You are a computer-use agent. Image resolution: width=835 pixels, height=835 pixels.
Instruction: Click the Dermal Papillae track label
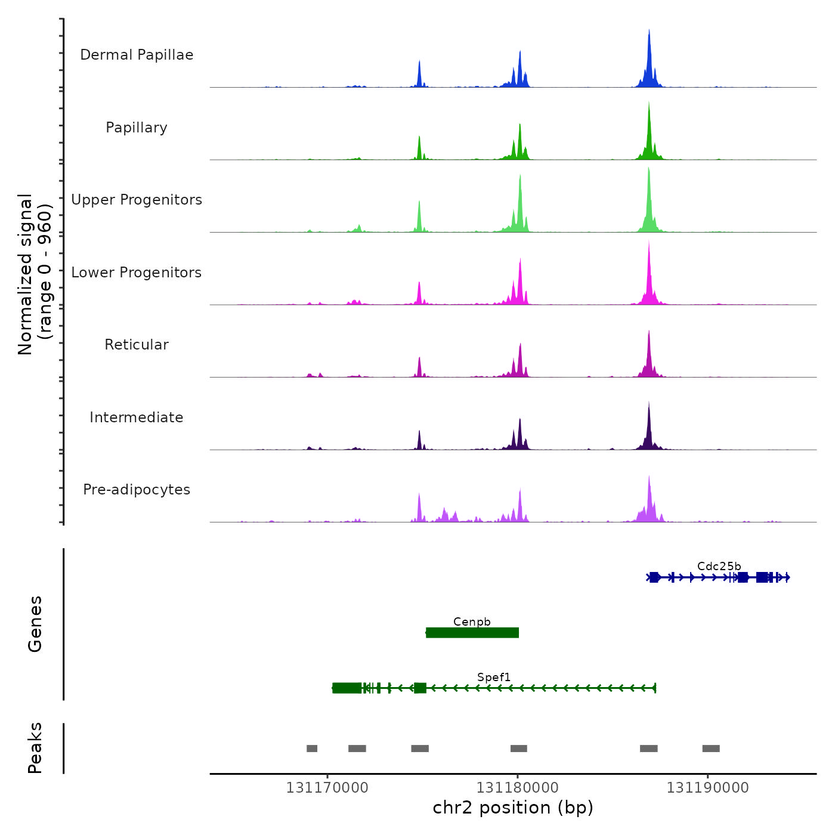coord(137,55)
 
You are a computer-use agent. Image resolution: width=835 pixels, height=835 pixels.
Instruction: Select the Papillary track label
coord(137,128)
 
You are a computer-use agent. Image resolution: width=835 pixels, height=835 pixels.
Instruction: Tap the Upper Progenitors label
coord(137,200)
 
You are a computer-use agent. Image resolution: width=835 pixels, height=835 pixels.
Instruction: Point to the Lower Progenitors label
coord(137,273)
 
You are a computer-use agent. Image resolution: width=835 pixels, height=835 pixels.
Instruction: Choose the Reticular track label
coord(137,345)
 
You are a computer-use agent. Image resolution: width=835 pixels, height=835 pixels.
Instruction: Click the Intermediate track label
coord(137,417)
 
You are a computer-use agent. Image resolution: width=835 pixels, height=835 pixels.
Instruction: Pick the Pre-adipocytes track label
coord(137,490)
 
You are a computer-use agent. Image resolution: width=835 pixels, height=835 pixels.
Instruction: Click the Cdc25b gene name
coord(719,566)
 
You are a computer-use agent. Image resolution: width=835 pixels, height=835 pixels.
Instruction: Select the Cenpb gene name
coord(472,621)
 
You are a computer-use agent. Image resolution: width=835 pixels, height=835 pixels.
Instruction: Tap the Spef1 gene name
coord(494,677)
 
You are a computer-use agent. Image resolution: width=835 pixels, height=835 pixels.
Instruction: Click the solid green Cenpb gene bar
coord(472,633)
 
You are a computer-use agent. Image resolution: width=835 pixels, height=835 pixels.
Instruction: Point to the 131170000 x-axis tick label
coord(327,788)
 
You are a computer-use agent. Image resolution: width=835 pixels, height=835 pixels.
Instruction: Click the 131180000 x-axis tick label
coord(518,788)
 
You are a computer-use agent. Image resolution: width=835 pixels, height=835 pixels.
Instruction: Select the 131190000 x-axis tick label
coord(707,788)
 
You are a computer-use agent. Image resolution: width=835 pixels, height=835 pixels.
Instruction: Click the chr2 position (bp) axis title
coord(513,808)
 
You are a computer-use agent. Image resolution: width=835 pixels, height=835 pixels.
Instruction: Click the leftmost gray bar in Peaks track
coord(312,749)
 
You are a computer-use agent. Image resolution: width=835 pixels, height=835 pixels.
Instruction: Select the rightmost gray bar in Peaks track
coord(711,749)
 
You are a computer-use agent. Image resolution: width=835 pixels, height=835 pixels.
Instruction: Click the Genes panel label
coord(35,624)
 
